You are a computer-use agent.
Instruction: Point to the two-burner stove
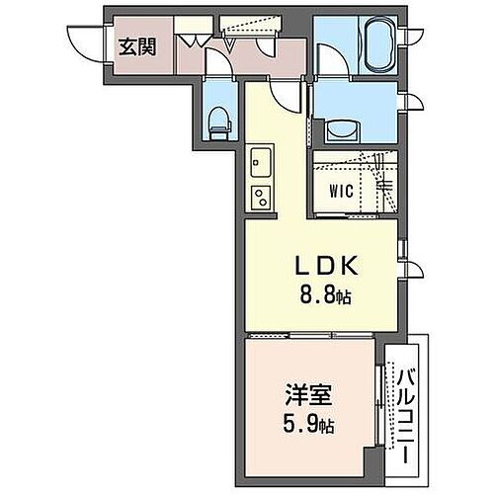click(261, 195)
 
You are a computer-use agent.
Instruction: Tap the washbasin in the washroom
click(344, 129)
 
